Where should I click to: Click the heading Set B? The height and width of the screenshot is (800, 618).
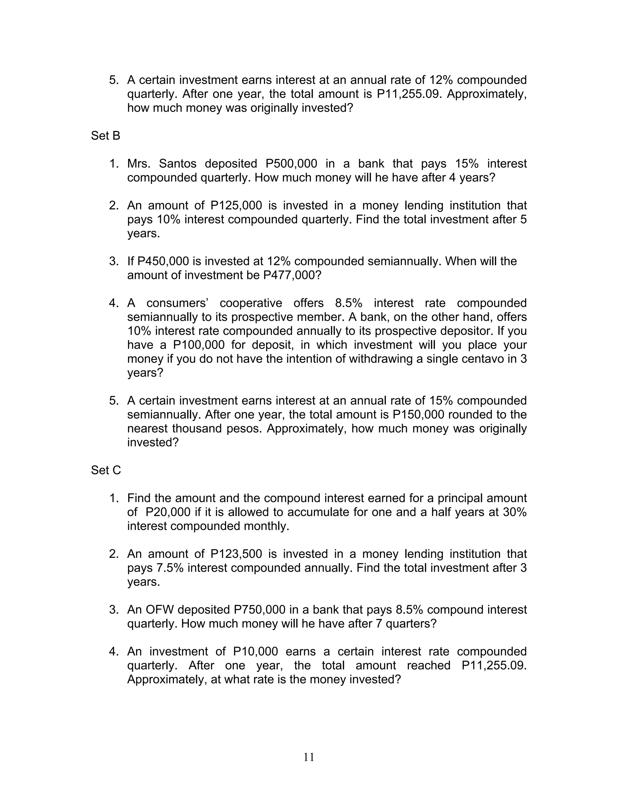105,136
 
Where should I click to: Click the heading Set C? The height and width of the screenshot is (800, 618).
106,470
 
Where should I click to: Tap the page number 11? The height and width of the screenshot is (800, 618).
309,757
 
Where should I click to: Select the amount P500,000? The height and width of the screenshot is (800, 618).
291,164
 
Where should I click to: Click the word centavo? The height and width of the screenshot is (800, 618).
481,359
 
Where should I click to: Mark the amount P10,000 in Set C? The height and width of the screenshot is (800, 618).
255,651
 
